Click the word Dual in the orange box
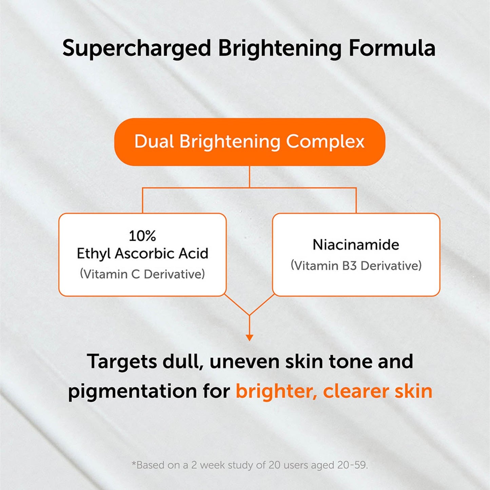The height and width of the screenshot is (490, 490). (154, 141)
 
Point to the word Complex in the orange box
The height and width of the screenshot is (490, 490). (325, 141)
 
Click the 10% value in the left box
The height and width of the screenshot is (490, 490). (142, 236)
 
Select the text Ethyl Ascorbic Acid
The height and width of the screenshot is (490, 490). (142, 253)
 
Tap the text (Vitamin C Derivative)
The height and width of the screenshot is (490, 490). (142, 274)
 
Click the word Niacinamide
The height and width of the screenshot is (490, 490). (356, 244)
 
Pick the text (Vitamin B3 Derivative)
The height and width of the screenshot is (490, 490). (356, 266)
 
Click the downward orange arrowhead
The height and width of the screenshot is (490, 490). (250, 338)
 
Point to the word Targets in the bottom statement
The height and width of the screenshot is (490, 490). (122, 361)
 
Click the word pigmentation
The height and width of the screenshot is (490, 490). (133, 391)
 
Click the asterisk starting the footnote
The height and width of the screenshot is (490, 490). (134, 464)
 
